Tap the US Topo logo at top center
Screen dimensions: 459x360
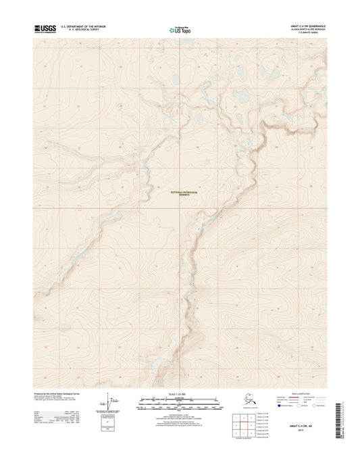click(x=179, y=29)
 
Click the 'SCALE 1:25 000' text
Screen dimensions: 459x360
click(x=179, y=393)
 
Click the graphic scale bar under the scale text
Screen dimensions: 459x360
click(x=179, y=404)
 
